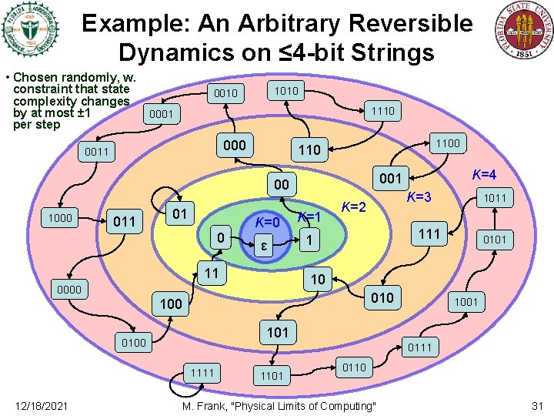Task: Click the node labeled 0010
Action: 226,94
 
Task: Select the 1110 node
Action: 382,111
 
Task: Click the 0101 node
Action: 494,240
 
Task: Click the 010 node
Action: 382,298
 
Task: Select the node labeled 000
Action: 234,146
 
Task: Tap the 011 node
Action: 124,222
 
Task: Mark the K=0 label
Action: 268,223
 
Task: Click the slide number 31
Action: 537,406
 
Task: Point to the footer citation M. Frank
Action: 279,406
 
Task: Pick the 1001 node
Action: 466,302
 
